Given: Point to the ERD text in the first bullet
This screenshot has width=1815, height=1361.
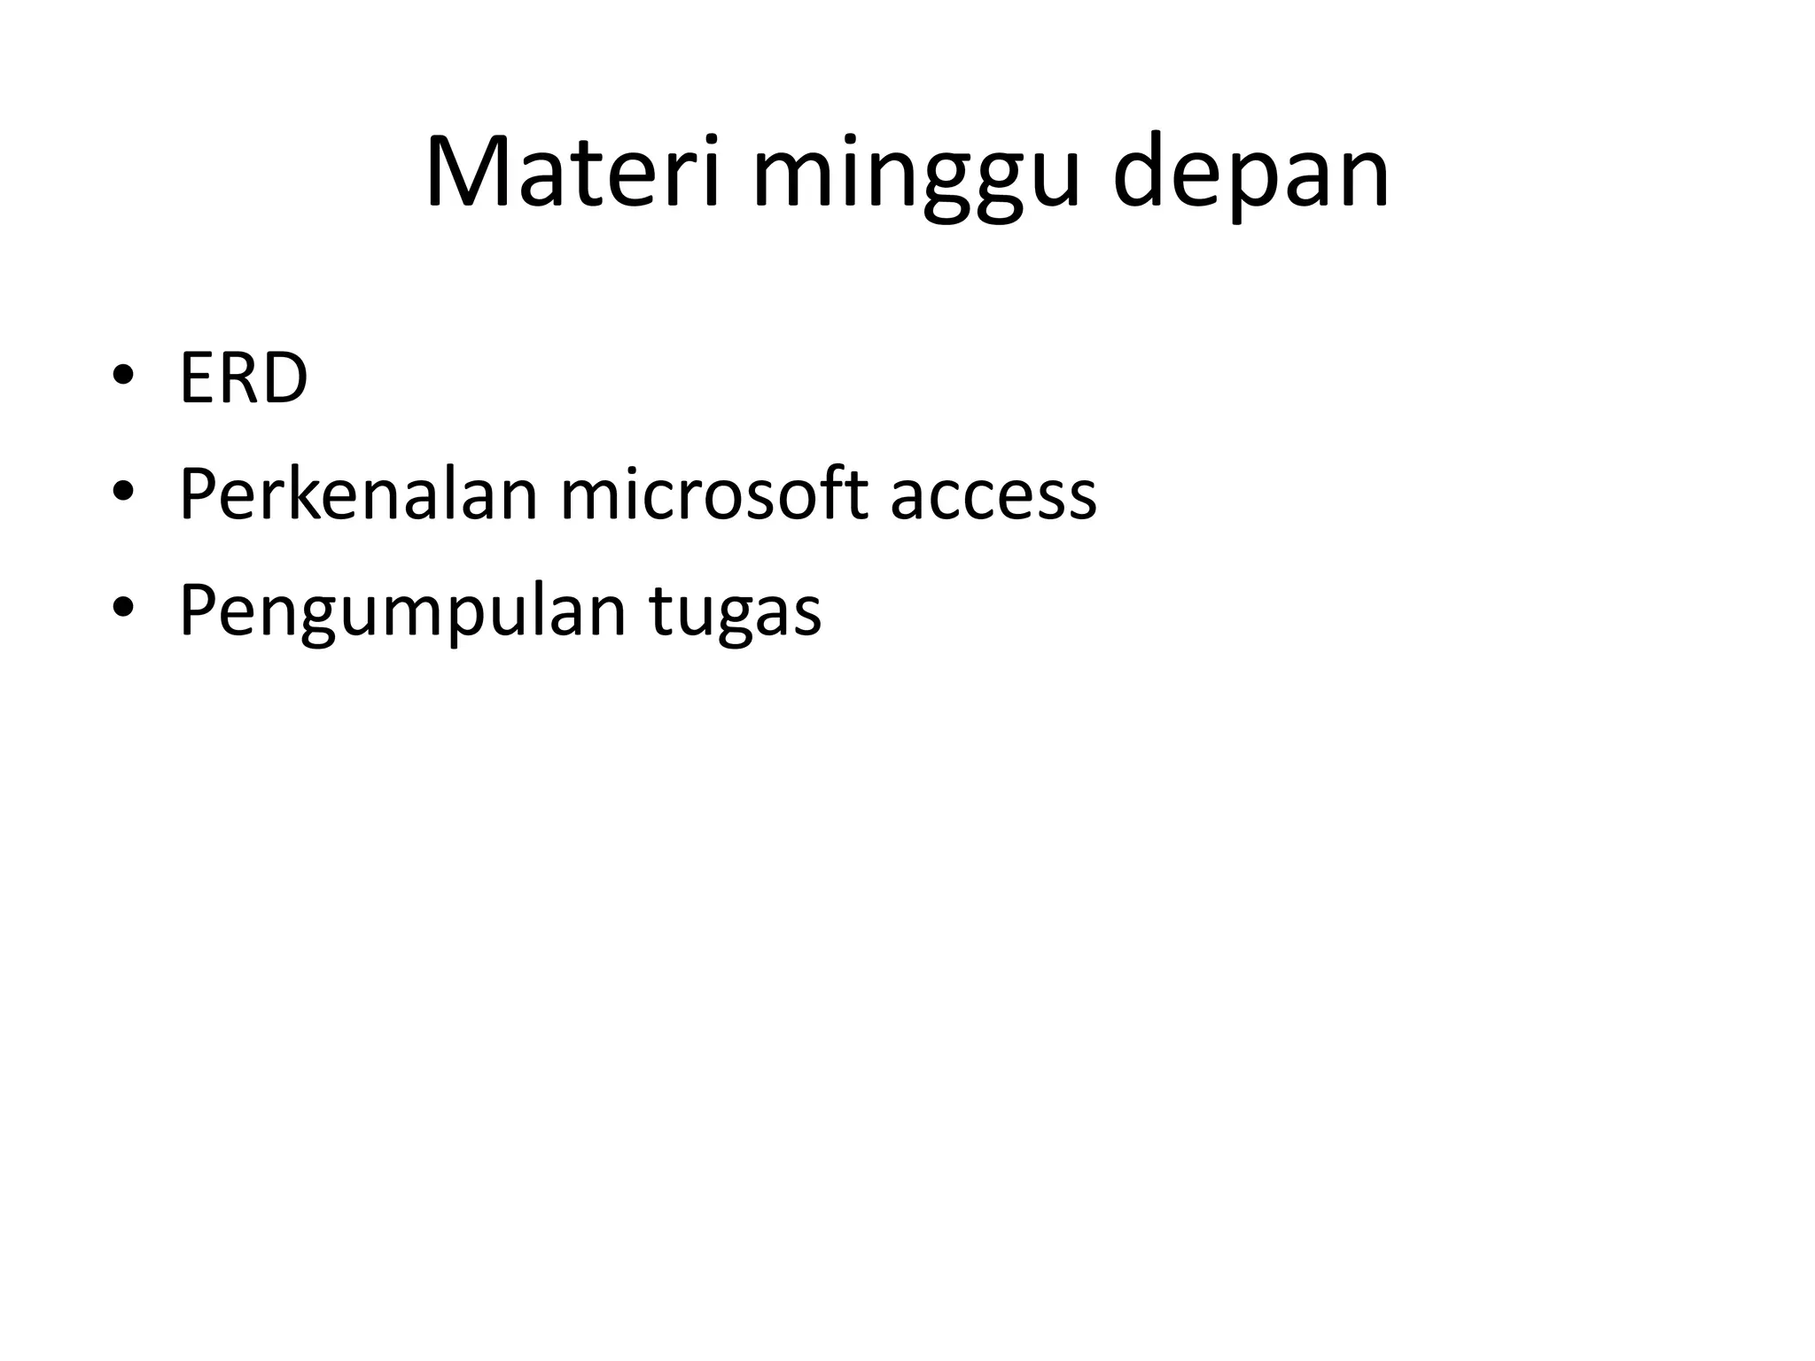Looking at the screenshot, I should coord(244,379).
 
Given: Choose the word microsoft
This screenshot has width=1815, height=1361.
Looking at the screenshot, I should coord(714,494).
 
